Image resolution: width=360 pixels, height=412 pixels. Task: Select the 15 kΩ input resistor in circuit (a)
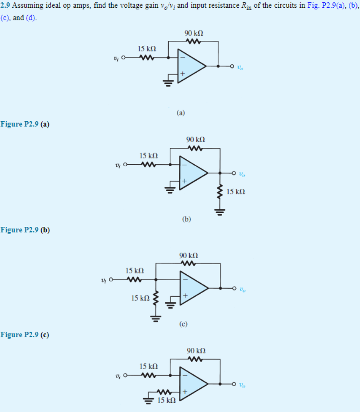tap(147, 58)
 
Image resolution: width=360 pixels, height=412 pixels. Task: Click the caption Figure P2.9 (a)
tap(25, 124)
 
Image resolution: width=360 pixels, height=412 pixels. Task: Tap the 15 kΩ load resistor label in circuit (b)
tap(235, 192)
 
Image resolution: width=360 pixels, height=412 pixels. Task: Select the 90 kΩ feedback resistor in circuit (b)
tap(195, 148)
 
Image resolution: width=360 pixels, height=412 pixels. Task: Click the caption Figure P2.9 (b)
tap(25, 230)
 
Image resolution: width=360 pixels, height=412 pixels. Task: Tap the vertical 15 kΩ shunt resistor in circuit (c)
tap(156, 299)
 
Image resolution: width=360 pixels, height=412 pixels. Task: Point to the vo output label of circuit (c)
tap(241, 289)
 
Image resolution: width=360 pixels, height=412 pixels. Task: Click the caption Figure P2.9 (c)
tap(25, 334)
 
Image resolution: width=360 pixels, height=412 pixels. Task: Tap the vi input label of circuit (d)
tap(118, 376)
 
